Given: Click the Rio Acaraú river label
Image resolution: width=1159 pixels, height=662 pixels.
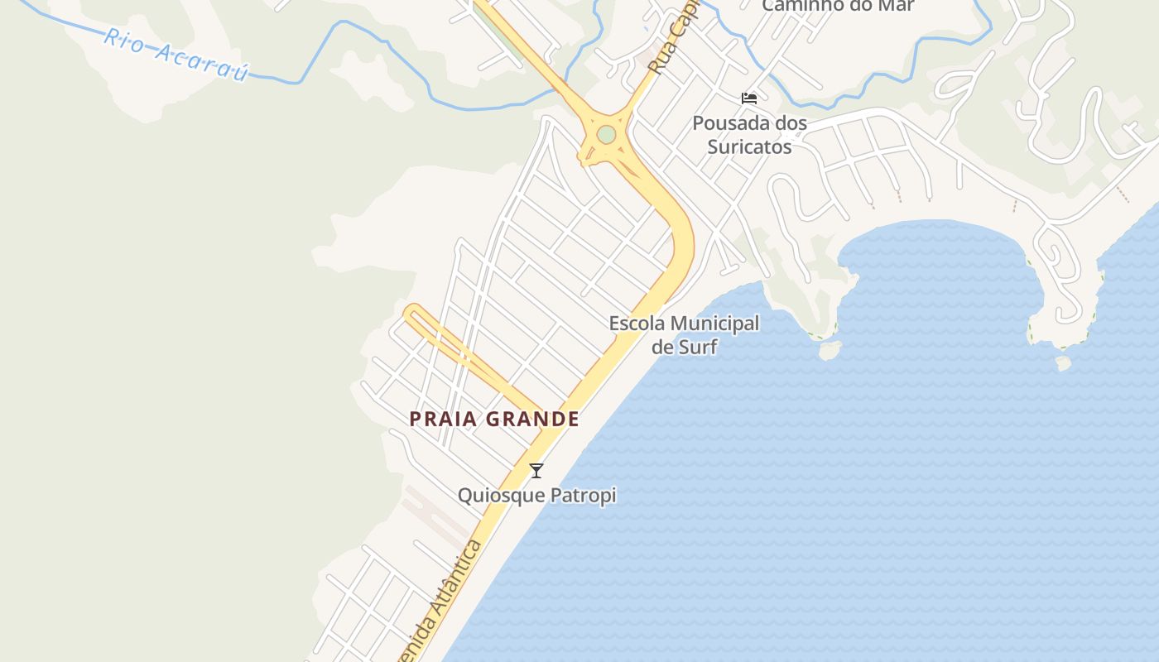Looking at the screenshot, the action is pos(177,55).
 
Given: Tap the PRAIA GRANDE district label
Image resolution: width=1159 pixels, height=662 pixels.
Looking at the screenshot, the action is pos(494,419).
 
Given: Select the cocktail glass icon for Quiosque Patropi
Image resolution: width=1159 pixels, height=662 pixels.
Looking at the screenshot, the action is pos(536,471).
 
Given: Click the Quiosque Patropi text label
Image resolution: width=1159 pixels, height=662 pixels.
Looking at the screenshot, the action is pos(536,496).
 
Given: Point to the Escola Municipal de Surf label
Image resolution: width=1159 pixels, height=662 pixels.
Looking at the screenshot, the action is pos(684,334).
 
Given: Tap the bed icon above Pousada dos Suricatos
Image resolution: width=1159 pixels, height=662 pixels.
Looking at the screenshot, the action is pos(749,98).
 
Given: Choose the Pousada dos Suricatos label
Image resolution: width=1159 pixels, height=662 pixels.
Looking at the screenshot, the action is pos(749,135).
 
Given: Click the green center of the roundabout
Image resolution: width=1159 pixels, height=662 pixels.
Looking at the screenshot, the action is pos(607,134).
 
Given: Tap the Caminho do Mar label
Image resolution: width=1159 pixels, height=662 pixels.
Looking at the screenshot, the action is pos(838,6).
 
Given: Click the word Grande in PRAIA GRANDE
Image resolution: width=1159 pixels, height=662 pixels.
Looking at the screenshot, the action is pos(532,419).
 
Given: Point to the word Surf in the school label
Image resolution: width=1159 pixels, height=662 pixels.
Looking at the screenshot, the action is pos(697,347).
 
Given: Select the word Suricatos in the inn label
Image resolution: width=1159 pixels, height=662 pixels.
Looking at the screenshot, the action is pos(749,147).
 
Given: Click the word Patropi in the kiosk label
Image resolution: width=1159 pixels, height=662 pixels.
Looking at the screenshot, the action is pos(584,496).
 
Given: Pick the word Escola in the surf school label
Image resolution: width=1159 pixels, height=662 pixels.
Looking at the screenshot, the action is pos(637,324).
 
